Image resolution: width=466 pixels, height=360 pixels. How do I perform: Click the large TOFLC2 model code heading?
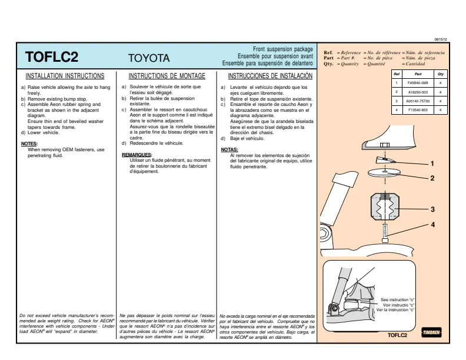(x=52, y=56)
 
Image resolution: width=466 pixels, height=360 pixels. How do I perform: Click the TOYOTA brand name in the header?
(x=149, y=58)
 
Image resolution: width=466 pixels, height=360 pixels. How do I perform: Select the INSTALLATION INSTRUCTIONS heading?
(x=65, y=76)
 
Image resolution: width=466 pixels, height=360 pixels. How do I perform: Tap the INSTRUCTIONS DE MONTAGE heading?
(x=167, y=76)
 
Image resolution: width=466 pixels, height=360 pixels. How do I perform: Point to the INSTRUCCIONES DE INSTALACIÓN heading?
(x=270, y=76)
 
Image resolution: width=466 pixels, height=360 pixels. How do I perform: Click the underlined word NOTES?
(x=29, y=144)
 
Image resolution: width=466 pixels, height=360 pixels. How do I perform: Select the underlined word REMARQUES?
(x=137, y=155)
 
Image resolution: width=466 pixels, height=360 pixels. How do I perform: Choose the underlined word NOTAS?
(x=229, y=149)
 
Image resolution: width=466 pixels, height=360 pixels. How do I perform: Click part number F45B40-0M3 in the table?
(x=418, y=83)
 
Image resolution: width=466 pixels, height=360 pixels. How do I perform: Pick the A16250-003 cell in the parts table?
(x=418, y=92)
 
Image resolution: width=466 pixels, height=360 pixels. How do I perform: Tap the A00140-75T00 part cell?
(x=418, y=101)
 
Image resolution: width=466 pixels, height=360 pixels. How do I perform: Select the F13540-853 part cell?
(x=418, y=110)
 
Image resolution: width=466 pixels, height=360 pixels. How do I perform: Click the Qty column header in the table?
(x=441, y=74)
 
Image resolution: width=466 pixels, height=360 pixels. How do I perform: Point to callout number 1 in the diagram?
(x=432, y=164)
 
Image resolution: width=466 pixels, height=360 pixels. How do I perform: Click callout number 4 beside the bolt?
(x=432, y=225)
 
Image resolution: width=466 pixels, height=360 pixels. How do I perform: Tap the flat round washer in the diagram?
(x=384, y=172)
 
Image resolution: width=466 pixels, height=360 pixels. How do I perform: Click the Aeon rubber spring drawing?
(x=385, y=206)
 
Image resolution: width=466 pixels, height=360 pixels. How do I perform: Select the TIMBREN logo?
(x=431, y=332)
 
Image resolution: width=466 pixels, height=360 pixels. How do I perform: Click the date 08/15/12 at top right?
(x=441, y=39)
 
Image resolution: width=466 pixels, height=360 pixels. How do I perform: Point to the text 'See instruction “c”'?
(x=397, y=299)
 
